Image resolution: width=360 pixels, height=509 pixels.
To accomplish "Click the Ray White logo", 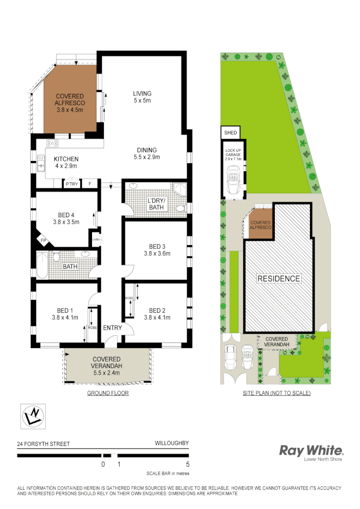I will (x=311, y=451).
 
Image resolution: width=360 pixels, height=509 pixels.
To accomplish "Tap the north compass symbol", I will (x=33, y=416).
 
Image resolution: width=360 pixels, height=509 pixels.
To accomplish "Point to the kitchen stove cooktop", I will (x=52, y=143).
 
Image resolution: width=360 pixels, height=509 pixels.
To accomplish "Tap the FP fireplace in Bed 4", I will (x=43, y=241).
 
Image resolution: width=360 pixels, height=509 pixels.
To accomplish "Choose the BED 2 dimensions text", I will (x=157, y=318).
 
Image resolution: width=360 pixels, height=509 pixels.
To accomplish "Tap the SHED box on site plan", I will (x=230, y=133).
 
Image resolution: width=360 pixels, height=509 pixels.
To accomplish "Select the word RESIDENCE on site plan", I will (x=279, y=278).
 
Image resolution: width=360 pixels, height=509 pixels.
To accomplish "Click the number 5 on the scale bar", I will (x=188, y=464).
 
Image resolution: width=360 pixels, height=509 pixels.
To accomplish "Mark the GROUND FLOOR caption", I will (x=108, y=393).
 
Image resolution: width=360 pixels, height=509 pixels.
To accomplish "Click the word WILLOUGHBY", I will (x=171, y=443).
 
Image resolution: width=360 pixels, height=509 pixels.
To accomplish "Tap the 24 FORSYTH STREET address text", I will (x=44, y=444).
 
